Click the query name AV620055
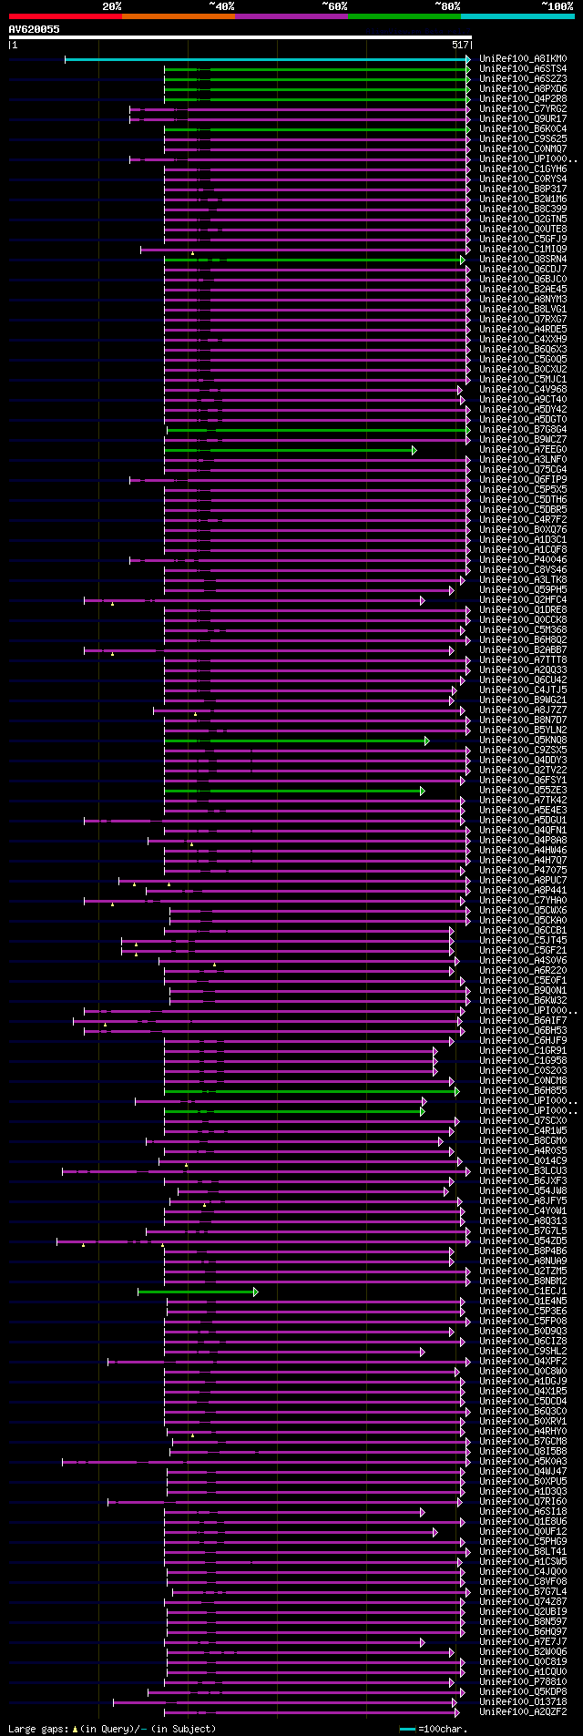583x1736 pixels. pyautogui.click(x=35, y=29)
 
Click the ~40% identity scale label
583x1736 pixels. pyautogui.click(x=221, y=6)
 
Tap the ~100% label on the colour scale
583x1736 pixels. pyautogui.click(x=557, y=6)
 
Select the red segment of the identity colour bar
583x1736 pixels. pyautogui.click(x=65, y=16)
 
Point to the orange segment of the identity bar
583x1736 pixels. pyautogui.click(x=178, y=16)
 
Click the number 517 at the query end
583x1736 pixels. pyautogui.click(x=460, y=45)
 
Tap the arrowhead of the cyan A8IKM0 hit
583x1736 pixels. pyautogui.click(x=468, y=59)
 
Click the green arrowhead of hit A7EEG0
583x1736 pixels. pyautogui.click(x=414, y=450)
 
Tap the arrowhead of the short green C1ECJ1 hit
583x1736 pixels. pyautogui.click(x=256, y=1292)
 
